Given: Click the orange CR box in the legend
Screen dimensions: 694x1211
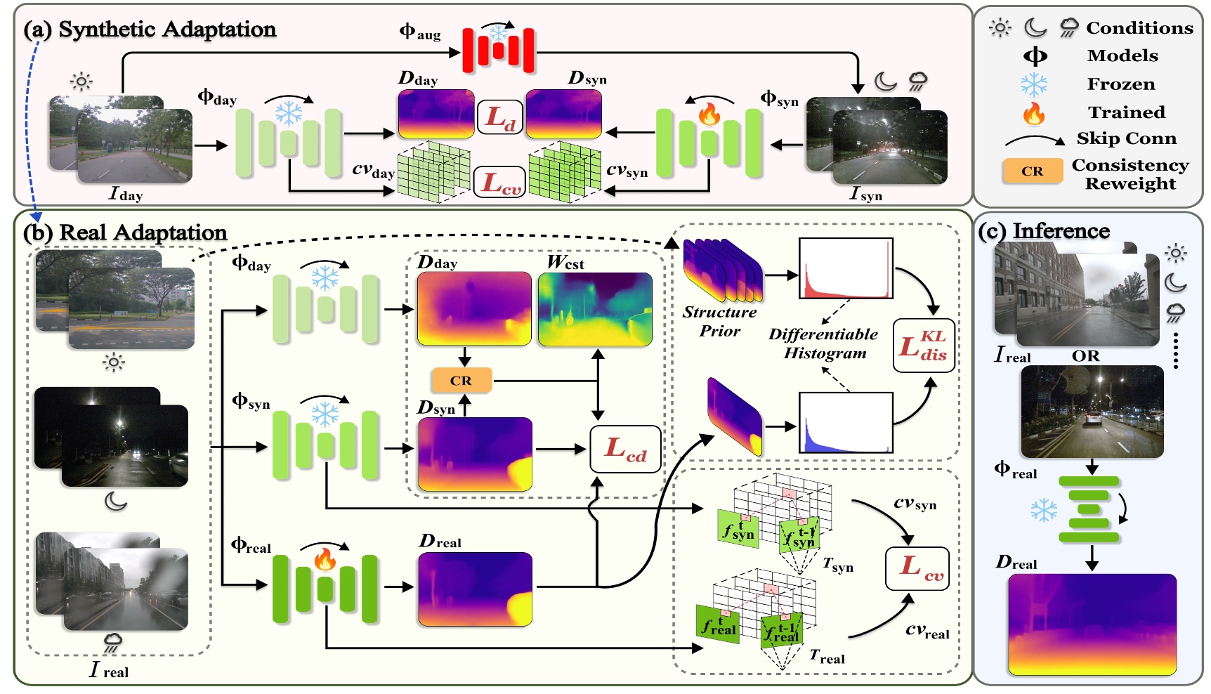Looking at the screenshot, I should click(1032, 171).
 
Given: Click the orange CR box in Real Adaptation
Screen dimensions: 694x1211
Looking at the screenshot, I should click(461, 380).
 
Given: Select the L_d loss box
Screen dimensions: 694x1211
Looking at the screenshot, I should click(501, 117).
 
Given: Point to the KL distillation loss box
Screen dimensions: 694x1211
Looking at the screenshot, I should click(923, 345).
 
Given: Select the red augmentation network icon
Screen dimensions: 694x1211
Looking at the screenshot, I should click(498, 50).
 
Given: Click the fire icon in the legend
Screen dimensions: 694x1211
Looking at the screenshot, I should click(1033, 112).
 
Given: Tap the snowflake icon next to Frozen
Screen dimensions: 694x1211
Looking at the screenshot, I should click(1033, 84).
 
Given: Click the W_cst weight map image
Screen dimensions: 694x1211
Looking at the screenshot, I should click(595, 309).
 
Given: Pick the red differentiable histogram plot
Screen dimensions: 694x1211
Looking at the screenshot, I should click(846, 268).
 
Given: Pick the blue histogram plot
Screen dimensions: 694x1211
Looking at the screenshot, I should click(846, 422).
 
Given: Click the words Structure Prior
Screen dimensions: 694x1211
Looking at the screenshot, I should click(719, 321).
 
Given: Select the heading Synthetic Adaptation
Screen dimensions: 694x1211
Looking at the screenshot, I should click(167, 29).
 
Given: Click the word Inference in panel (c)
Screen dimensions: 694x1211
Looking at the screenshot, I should click(1061, 230).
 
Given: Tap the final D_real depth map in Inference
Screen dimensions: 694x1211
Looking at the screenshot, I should click(1092, 624).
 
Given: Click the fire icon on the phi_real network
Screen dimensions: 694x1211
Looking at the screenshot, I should click(324, 559).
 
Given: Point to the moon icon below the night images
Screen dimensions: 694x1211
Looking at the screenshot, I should click(115, 501).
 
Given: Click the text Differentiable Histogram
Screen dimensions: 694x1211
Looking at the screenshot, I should click(823, 343).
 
